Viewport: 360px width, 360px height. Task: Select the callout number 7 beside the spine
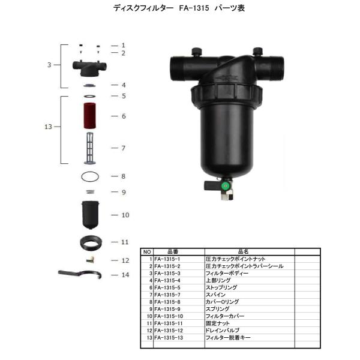122,148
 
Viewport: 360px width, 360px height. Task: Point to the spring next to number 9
89,191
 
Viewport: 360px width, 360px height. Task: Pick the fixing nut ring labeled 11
91,242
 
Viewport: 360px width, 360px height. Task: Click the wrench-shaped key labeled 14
80,275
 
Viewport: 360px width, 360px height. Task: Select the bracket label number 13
50,127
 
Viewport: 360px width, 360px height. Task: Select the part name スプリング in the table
217,309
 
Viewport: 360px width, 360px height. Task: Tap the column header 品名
242,252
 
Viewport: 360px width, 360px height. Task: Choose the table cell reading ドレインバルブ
222,330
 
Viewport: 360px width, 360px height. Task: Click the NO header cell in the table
147,252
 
